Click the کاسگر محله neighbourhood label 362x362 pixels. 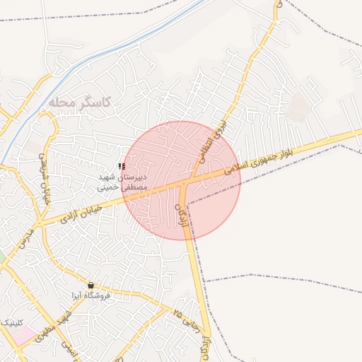click(x=81, y=103)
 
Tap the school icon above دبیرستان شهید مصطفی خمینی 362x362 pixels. click(x=122, y=166)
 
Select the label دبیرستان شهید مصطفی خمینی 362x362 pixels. click(x=122, y=182)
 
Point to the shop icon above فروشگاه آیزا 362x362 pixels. click(x=90, y=285)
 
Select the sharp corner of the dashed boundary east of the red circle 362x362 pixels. click(x=340, y=146)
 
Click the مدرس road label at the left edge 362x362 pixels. click(x=23, y=236)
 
